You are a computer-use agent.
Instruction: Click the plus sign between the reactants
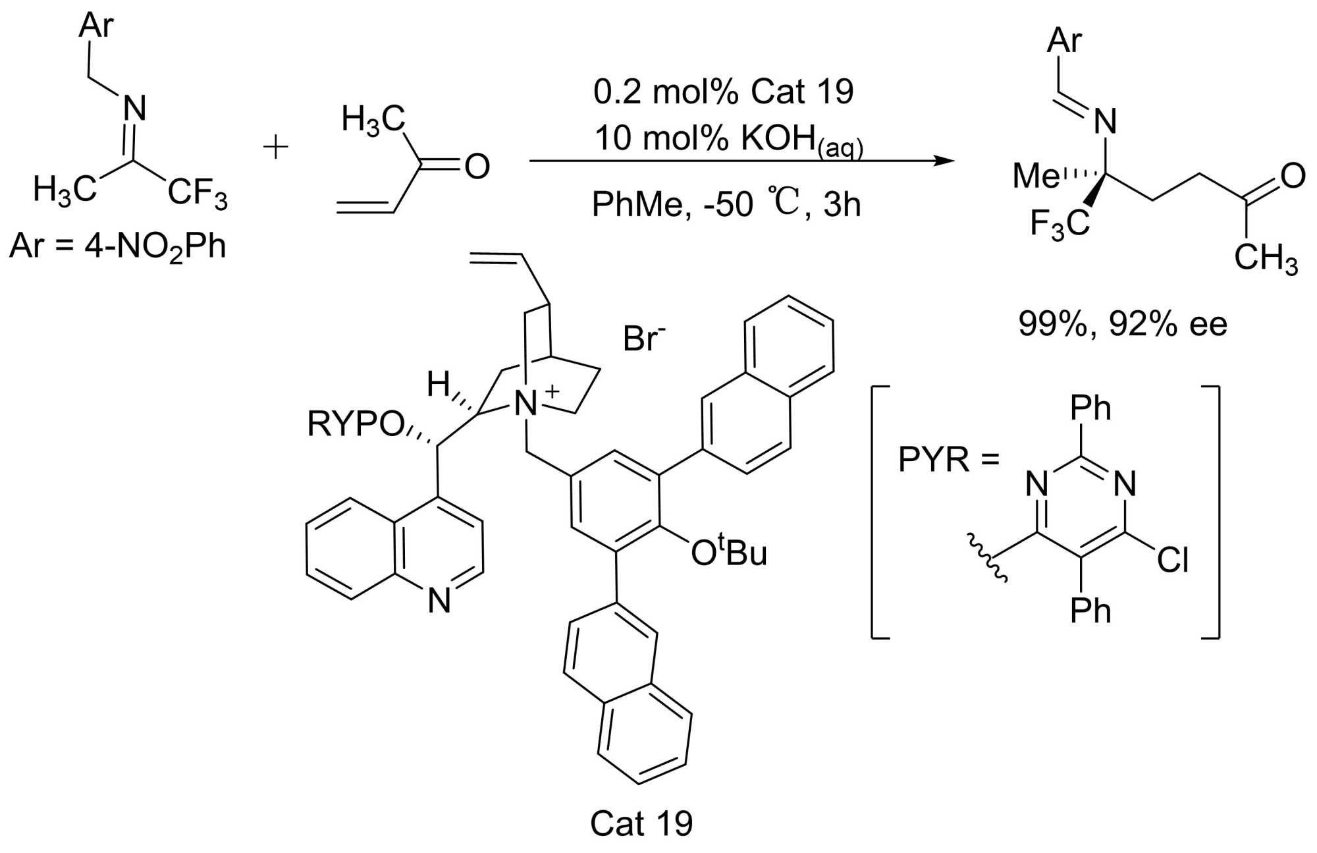(x=275, y=148)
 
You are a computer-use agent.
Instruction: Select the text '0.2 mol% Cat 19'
(x=723, y=92)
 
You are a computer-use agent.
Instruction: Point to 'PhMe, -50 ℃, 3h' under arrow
(x=726, y=204)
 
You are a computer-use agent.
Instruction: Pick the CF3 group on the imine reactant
(x=197, y=193)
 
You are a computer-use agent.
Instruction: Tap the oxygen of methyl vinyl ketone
(x=477, y=167)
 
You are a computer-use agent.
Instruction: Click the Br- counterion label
(x=643, y=339)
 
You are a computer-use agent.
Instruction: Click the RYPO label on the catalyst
(x=355, y=424)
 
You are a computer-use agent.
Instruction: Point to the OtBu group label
(x=728, y=552)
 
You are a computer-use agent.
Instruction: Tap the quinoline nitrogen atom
(x=439, y=600)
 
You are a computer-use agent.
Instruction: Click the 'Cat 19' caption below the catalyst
(x=641, y=823)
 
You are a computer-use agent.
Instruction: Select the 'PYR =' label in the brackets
(x=948, y=459)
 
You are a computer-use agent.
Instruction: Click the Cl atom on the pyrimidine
(x=1173, y=561)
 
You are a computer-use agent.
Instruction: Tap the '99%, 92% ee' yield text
(x=1123, y=324)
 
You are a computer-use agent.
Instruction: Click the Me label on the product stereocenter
(x=1035, y=176)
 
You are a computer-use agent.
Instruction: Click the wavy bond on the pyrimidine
(x=986, y=557)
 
